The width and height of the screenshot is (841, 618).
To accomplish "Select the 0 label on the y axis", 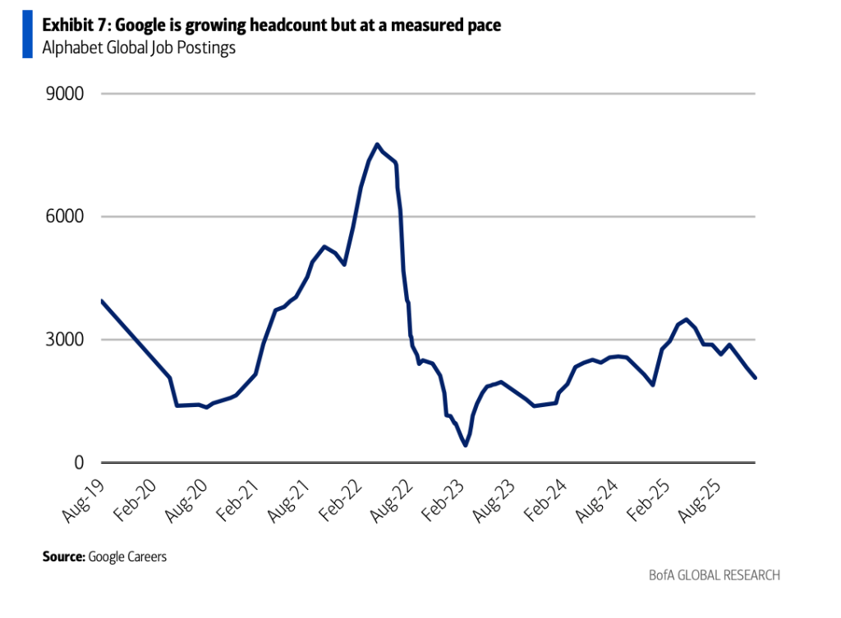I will coord(79,463).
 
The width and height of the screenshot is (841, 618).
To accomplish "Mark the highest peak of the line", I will coord(377,144).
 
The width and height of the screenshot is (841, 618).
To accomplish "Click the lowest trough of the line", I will coord(466,445).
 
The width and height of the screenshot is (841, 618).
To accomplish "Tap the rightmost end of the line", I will coord(755,378).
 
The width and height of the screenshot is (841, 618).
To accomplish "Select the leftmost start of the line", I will coord(102,300).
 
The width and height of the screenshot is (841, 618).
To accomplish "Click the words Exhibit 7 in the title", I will coord(72,26).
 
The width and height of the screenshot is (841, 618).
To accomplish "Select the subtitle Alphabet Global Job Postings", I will coord(139,48).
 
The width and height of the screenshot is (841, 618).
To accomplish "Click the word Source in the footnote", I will coord(62,557).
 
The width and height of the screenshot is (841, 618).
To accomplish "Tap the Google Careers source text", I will coord(127,557).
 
